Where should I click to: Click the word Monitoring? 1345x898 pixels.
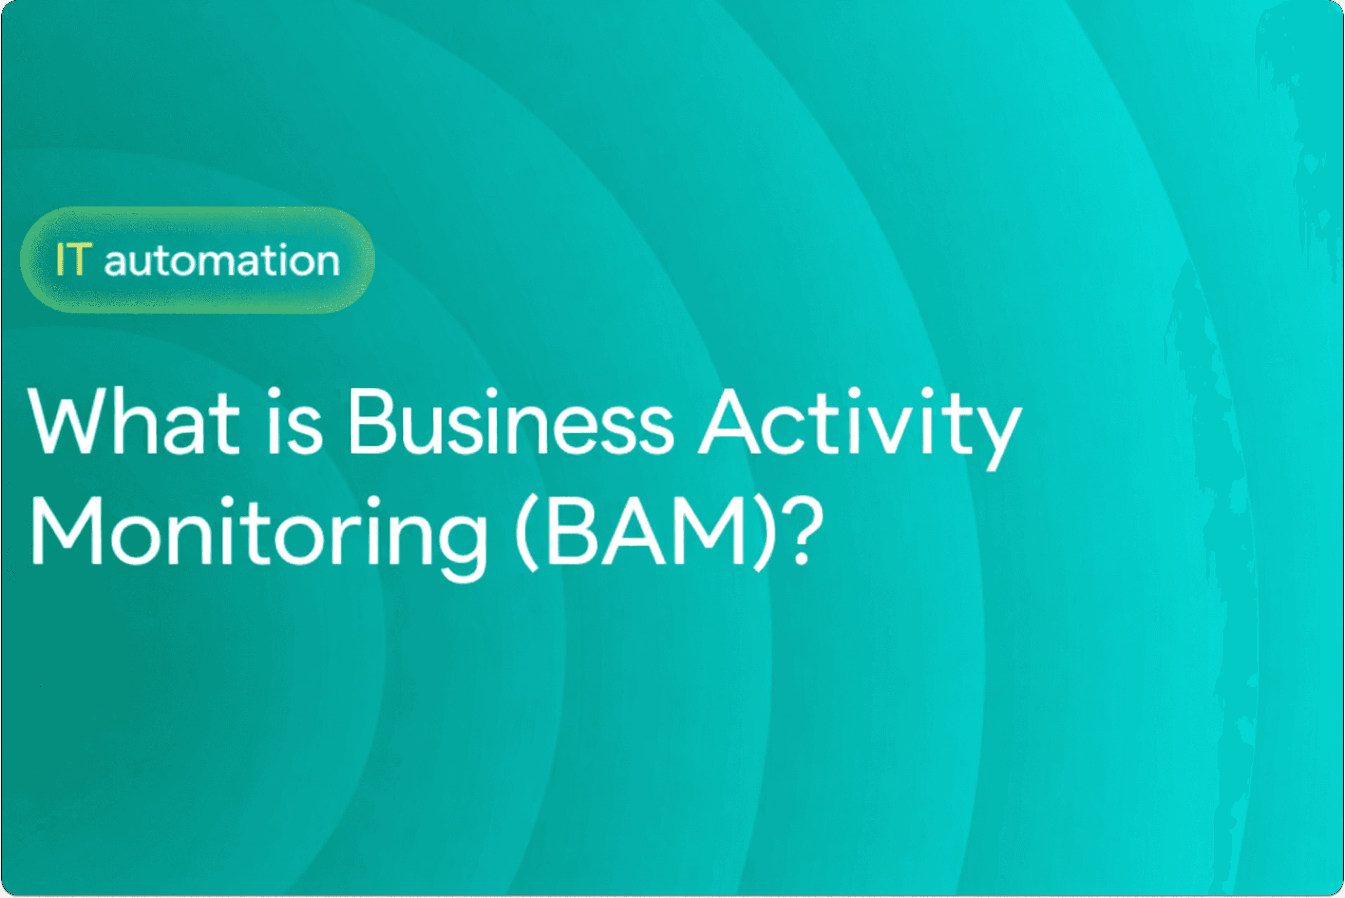[258, 533]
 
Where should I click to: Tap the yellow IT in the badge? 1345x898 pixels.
[73, 260]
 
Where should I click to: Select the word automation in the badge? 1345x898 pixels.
[222, 260]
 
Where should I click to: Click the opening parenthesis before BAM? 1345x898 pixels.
[527, 533]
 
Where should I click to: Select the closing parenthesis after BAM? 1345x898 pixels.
[765, 533]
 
